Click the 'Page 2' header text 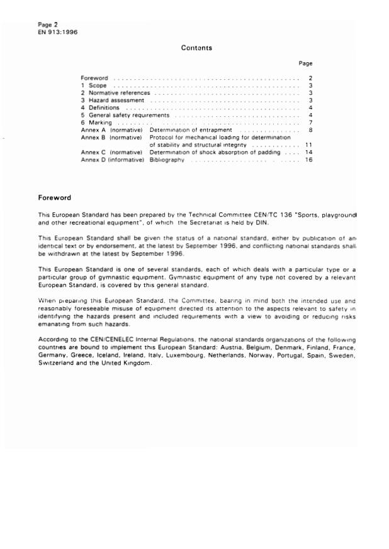48,24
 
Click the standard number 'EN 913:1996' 57,32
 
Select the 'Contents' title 196,48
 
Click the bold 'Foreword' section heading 55,198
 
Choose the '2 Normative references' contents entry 115,92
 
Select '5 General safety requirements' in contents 125,115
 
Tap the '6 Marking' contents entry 98,122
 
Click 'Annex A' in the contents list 94,129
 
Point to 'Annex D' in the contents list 94,160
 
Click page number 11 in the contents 308,144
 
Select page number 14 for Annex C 308,152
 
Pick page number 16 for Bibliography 308,160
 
